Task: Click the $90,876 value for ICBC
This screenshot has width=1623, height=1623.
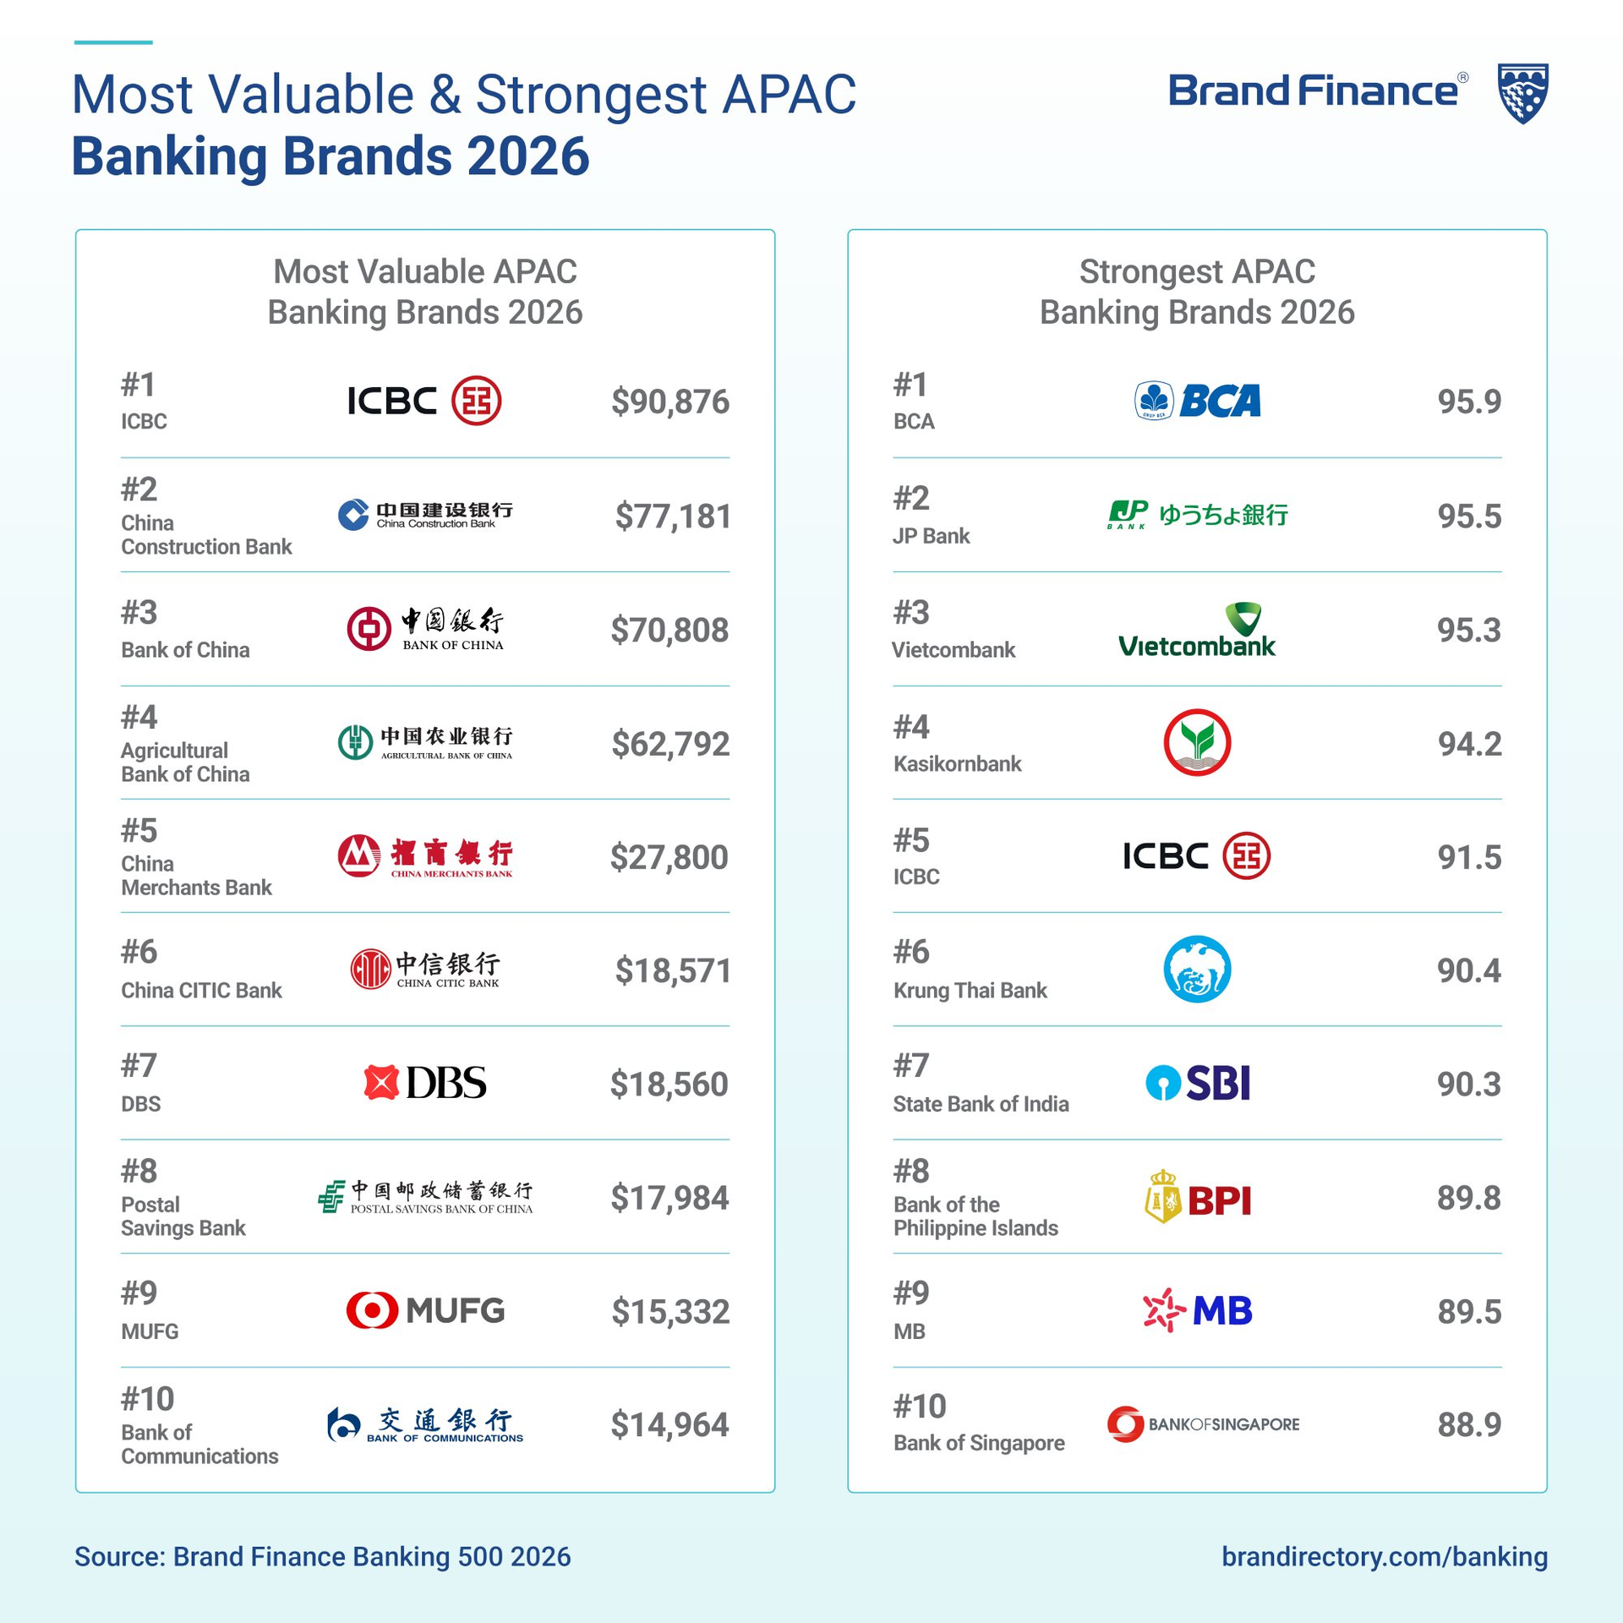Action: [x=669, y=402]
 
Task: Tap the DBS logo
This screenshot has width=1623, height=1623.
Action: [x=425, y=1083]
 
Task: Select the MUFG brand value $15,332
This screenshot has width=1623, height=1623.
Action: [x=669, y=1311]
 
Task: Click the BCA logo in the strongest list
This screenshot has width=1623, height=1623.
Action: [x=1197, y=401]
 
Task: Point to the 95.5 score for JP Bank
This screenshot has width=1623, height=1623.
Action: [x=1469, y=516]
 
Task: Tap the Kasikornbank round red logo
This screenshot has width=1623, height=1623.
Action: [x=1197, y=743]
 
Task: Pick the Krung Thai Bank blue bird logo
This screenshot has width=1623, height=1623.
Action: [x=1197, y=970]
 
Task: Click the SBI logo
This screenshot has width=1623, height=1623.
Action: [x=1197, y=1083]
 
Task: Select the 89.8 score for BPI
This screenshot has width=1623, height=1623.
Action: [x=1469, y=1198]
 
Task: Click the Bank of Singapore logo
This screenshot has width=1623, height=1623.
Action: [x=1202, y=1424]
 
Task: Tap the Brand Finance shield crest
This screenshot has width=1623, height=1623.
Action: [x=1522, y=93]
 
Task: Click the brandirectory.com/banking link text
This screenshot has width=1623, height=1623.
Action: [x=1384, y=1556]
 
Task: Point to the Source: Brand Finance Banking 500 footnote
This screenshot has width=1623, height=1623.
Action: [x=322, y=1556]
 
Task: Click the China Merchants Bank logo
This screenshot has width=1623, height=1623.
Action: [x=425, y=857]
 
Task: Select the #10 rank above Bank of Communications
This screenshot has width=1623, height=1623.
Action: [x=147, y=1399]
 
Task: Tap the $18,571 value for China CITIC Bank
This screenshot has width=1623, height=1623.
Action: [x=673, y=970]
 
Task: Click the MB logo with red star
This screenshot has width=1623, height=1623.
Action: [x=1197, y=1310]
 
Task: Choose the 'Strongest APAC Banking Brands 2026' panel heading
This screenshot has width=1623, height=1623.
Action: [x=1197, y=292]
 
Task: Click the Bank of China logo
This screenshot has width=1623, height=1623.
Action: [x=425, y=630]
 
